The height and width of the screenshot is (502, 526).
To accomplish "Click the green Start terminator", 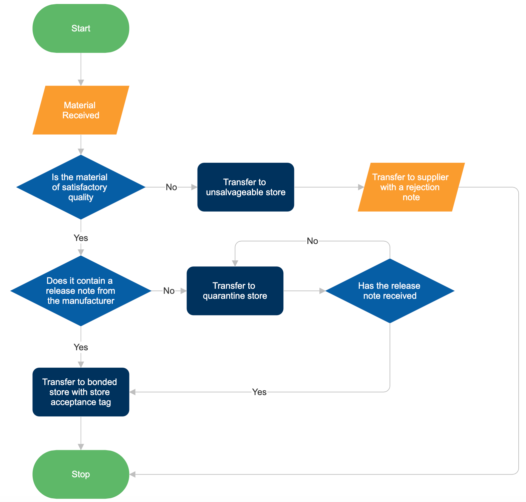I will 81,28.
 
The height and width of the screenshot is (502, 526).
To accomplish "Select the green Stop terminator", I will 81,474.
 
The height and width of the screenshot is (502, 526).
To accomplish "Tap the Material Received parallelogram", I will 81,110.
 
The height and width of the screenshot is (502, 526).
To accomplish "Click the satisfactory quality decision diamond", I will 81,187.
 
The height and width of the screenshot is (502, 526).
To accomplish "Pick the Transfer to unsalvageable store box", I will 246,187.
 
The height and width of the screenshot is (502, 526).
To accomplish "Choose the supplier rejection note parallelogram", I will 411,187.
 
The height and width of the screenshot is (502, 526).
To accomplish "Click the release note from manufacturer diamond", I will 81,291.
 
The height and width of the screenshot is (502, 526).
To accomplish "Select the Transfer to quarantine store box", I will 235,291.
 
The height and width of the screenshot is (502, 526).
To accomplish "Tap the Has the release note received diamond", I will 389,291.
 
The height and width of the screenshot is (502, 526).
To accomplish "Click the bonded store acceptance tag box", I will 81,392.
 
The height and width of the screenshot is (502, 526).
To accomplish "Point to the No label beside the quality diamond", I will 171,187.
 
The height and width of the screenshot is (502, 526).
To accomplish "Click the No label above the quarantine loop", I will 312,241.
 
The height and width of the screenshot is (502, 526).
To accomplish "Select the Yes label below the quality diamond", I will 81,238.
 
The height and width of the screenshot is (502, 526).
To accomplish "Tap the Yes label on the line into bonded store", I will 259,392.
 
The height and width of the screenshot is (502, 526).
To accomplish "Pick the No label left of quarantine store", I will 169,291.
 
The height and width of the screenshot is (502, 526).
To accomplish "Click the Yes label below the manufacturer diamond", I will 81,347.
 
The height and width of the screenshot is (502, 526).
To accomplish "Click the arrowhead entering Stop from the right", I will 133,474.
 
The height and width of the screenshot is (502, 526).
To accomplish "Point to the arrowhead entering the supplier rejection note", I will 361,187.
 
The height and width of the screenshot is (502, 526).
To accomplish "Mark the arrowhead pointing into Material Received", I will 81,83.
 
